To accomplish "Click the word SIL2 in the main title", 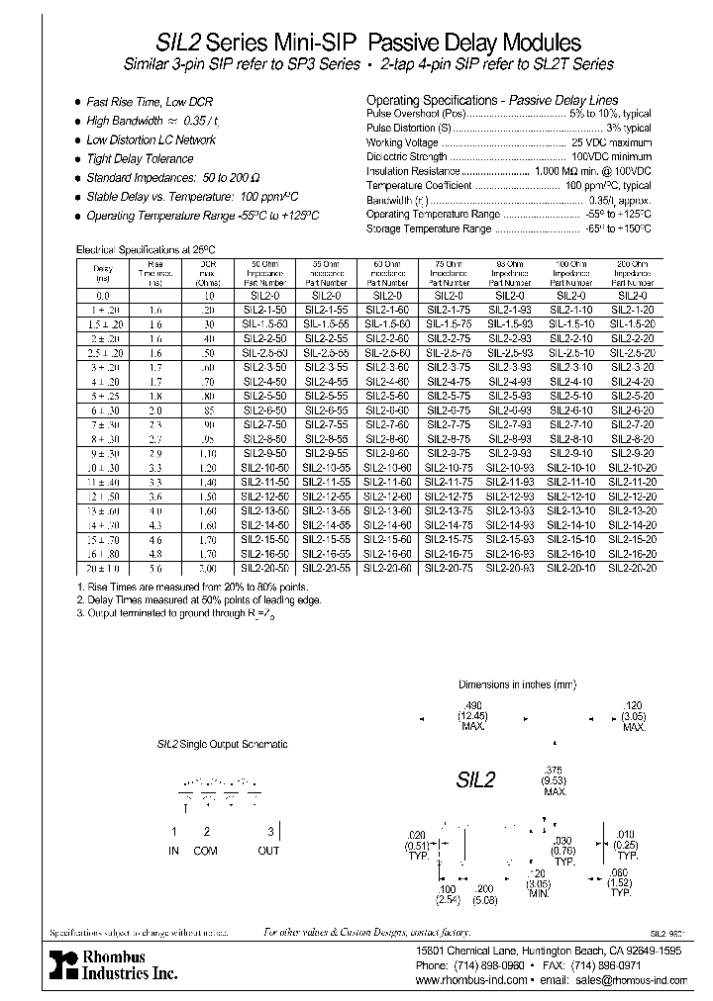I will coord(179,43).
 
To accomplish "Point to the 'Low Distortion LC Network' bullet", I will coord(151,139).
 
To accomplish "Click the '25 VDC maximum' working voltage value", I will coord(611,142).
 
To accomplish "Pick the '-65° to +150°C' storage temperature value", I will coord(614,228).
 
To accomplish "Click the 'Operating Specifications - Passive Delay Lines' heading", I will coord(492,100).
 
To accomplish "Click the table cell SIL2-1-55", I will coord(330,310).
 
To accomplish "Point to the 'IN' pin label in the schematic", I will coord(175,850).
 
